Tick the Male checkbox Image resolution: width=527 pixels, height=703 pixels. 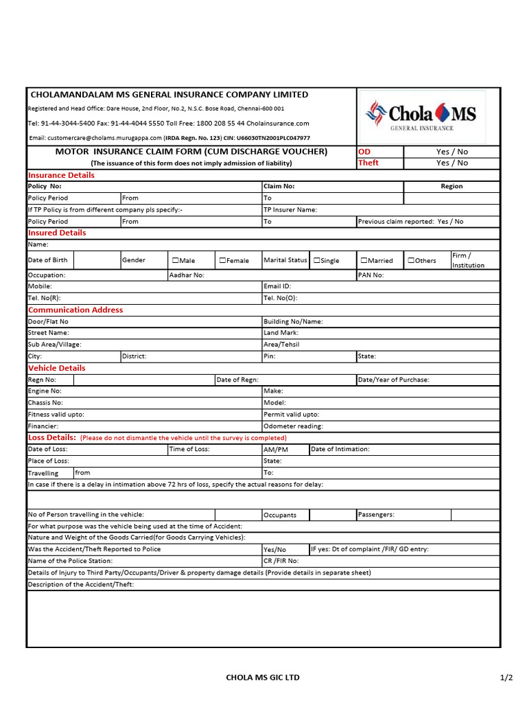[176, 261]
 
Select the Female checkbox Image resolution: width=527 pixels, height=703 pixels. [223, 261]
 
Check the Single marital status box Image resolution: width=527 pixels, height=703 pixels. [317, 261]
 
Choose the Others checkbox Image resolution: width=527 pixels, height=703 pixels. [411, 261]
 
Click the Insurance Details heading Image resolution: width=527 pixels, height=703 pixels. [61, 175]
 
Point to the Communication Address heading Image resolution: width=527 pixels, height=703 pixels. [75, 310]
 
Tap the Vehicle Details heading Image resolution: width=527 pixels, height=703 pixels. [56, 368]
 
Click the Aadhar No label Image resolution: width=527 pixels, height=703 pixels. [187, 275]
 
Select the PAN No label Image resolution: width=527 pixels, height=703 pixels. [371, 275]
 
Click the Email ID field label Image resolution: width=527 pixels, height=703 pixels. [277, 286]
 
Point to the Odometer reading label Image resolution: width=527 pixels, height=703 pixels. [293, 426]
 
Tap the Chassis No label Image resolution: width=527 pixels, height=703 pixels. [45, 403]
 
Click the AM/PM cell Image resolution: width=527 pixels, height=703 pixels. [276, 450]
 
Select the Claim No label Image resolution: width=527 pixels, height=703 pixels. [279, 186]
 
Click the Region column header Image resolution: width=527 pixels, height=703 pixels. [452, 186]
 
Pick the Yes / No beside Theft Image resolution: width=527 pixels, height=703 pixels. [452, 163]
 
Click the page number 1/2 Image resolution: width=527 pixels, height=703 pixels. [506, 678]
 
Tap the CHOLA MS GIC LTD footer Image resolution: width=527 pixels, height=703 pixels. [263, 678]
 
